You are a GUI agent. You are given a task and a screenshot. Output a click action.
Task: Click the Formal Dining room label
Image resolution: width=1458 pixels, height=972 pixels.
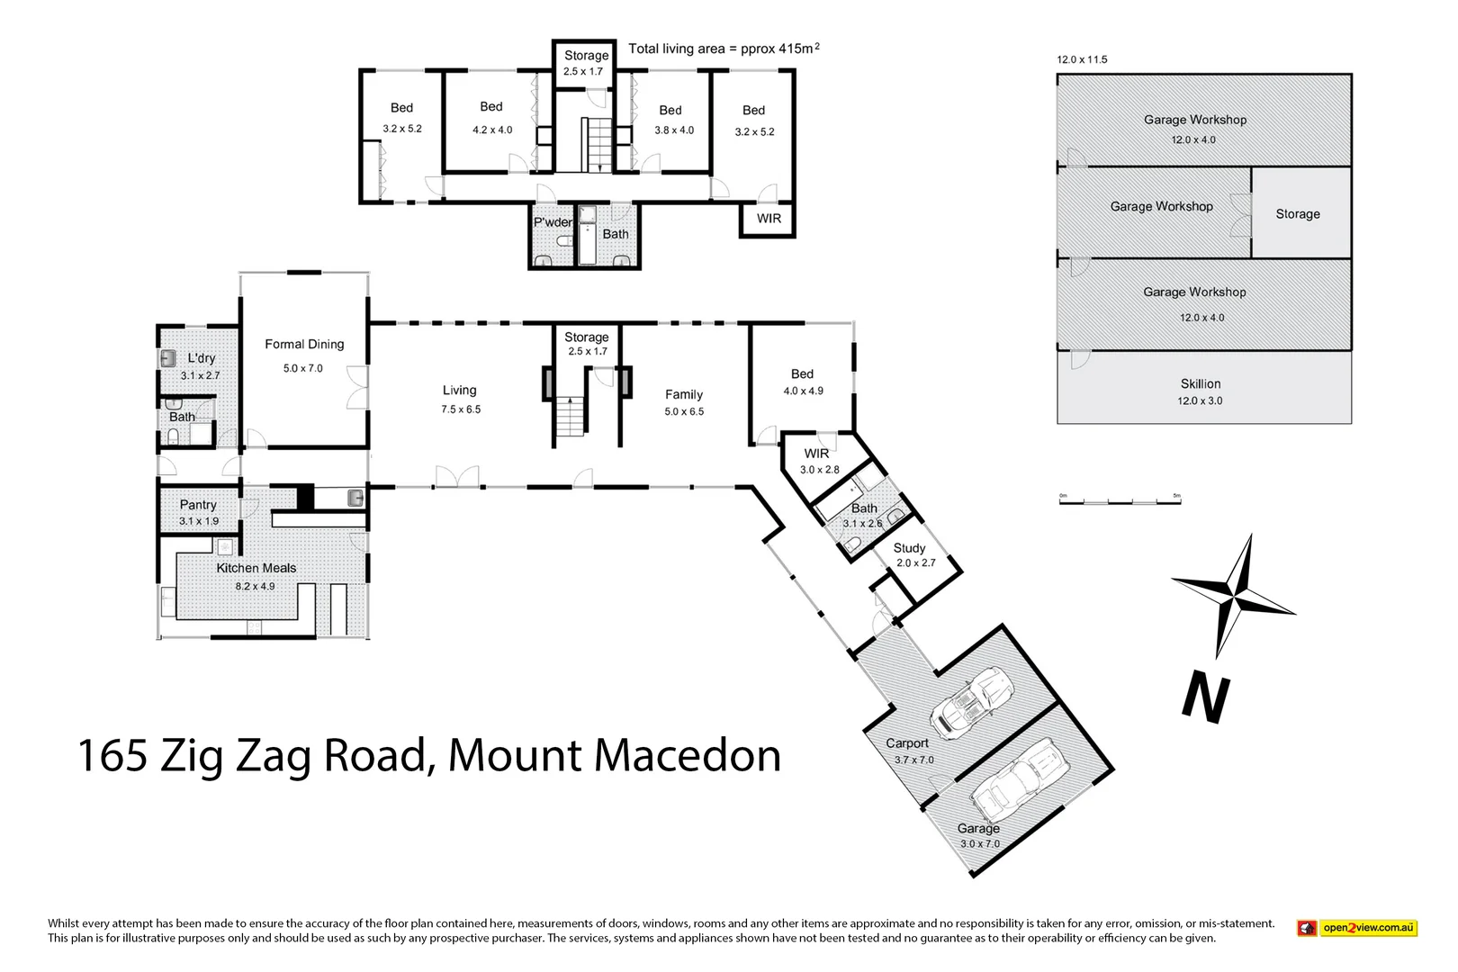(x=304, y=345)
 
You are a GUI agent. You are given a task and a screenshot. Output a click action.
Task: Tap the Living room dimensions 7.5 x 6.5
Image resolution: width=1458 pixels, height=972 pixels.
(x=461, y=409)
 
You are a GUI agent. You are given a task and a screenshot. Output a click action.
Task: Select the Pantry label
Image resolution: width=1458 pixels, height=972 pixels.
(x=198, y=505)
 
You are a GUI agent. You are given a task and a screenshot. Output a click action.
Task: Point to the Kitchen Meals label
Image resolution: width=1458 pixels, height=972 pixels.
(x=256, y=568)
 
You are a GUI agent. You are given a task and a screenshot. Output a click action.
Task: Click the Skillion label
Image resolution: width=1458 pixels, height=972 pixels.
(x=1201, y=384)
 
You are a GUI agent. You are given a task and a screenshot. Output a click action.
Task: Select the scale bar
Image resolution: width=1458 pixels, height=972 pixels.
(x=1120, y=499)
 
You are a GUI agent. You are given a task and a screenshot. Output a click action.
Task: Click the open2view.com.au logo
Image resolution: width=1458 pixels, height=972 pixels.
(x=1356, y=928)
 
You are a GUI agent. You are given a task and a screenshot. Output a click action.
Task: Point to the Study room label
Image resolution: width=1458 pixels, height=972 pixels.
(x=909, y=548)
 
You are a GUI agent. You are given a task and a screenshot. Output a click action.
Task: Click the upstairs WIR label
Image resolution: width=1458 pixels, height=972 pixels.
(x=769, y=219)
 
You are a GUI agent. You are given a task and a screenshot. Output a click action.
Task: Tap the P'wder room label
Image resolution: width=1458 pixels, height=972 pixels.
(x=553, y=222)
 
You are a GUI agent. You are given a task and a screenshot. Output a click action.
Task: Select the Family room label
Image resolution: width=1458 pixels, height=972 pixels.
(x=683, y=394)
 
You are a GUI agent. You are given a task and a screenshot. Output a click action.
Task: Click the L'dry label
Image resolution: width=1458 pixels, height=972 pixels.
(x=201, y=358)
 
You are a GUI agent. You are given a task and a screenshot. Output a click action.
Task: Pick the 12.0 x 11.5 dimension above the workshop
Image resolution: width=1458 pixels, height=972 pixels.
(x=1082, y=60)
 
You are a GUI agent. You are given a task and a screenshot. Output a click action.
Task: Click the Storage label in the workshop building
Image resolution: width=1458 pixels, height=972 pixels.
(x=1297, y=214)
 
